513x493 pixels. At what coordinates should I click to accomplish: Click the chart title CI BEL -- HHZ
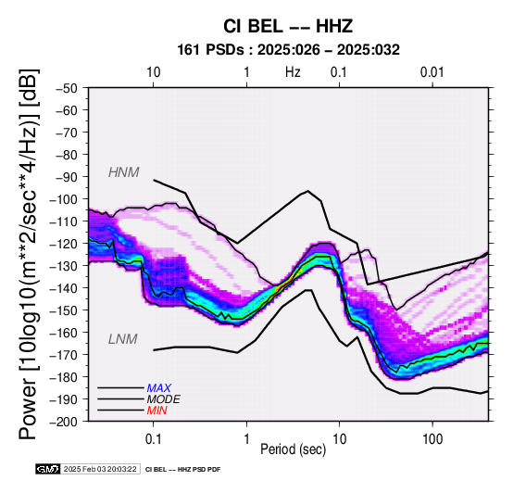tap(288, 26)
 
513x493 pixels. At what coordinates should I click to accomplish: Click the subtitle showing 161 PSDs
tap(288, 50)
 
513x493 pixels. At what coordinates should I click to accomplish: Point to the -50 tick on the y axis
tap(67, 88)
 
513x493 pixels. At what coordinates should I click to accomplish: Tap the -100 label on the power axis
tap(64, 199)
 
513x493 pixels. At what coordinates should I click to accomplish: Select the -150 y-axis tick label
tap(64, 310)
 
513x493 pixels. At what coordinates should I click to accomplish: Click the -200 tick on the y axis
tap(64, 422)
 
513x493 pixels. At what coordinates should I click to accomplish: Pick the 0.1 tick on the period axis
tap(153, 438)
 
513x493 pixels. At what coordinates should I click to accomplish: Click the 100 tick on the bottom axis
tap(432, 438)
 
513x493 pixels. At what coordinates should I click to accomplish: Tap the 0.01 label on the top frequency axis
tap(432, 72)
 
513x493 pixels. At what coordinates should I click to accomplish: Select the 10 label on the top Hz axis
tap(153, 72)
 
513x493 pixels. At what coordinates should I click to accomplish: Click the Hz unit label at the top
tap(293, 72)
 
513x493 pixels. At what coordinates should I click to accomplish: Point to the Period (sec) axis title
tap(294, 449)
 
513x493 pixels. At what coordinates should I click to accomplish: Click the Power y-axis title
tap(29, 254)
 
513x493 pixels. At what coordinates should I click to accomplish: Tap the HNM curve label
tap(124, 172)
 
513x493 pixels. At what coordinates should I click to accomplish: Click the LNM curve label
tap(122, 339)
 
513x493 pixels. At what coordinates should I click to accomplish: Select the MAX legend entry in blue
tap(158, 388)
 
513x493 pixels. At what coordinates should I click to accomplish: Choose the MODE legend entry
tap(164, 399)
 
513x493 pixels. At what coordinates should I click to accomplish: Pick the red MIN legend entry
tap(157, 411)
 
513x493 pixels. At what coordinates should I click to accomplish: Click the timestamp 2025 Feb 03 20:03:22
tap(100, 470)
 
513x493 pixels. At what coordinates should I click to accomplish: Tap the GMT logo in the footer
tap(48, 470)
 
